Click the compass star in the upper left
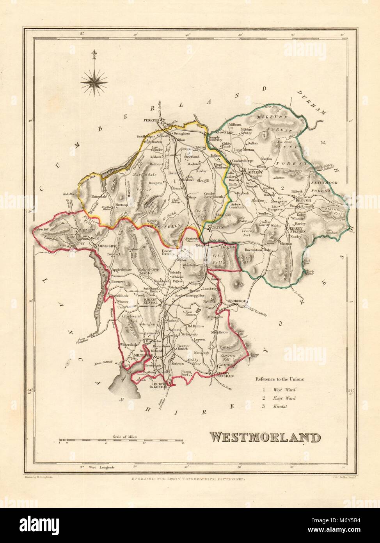tap(94, 80)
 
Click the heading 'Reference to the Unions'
tap(279, 379)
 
